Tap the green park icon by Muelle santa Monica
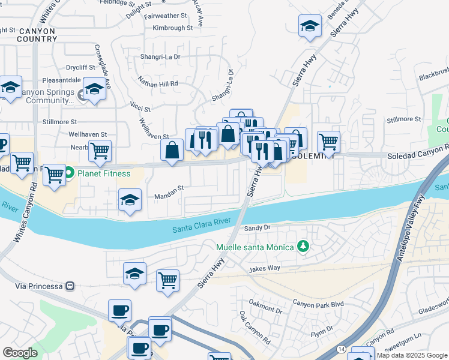coord(304,247)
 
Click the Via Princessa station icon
coord(71,286)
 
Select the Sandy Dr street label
coord(258,228)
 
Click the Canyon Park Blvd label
coord(318,304)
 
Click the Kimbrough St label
coord(173,28)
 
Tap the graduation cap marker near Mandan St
coord(130,200)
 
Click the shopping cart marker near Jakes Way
coord(167,280)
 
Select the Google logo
coord(20,353)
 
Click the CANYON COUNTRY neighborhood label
coord(37,35)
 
